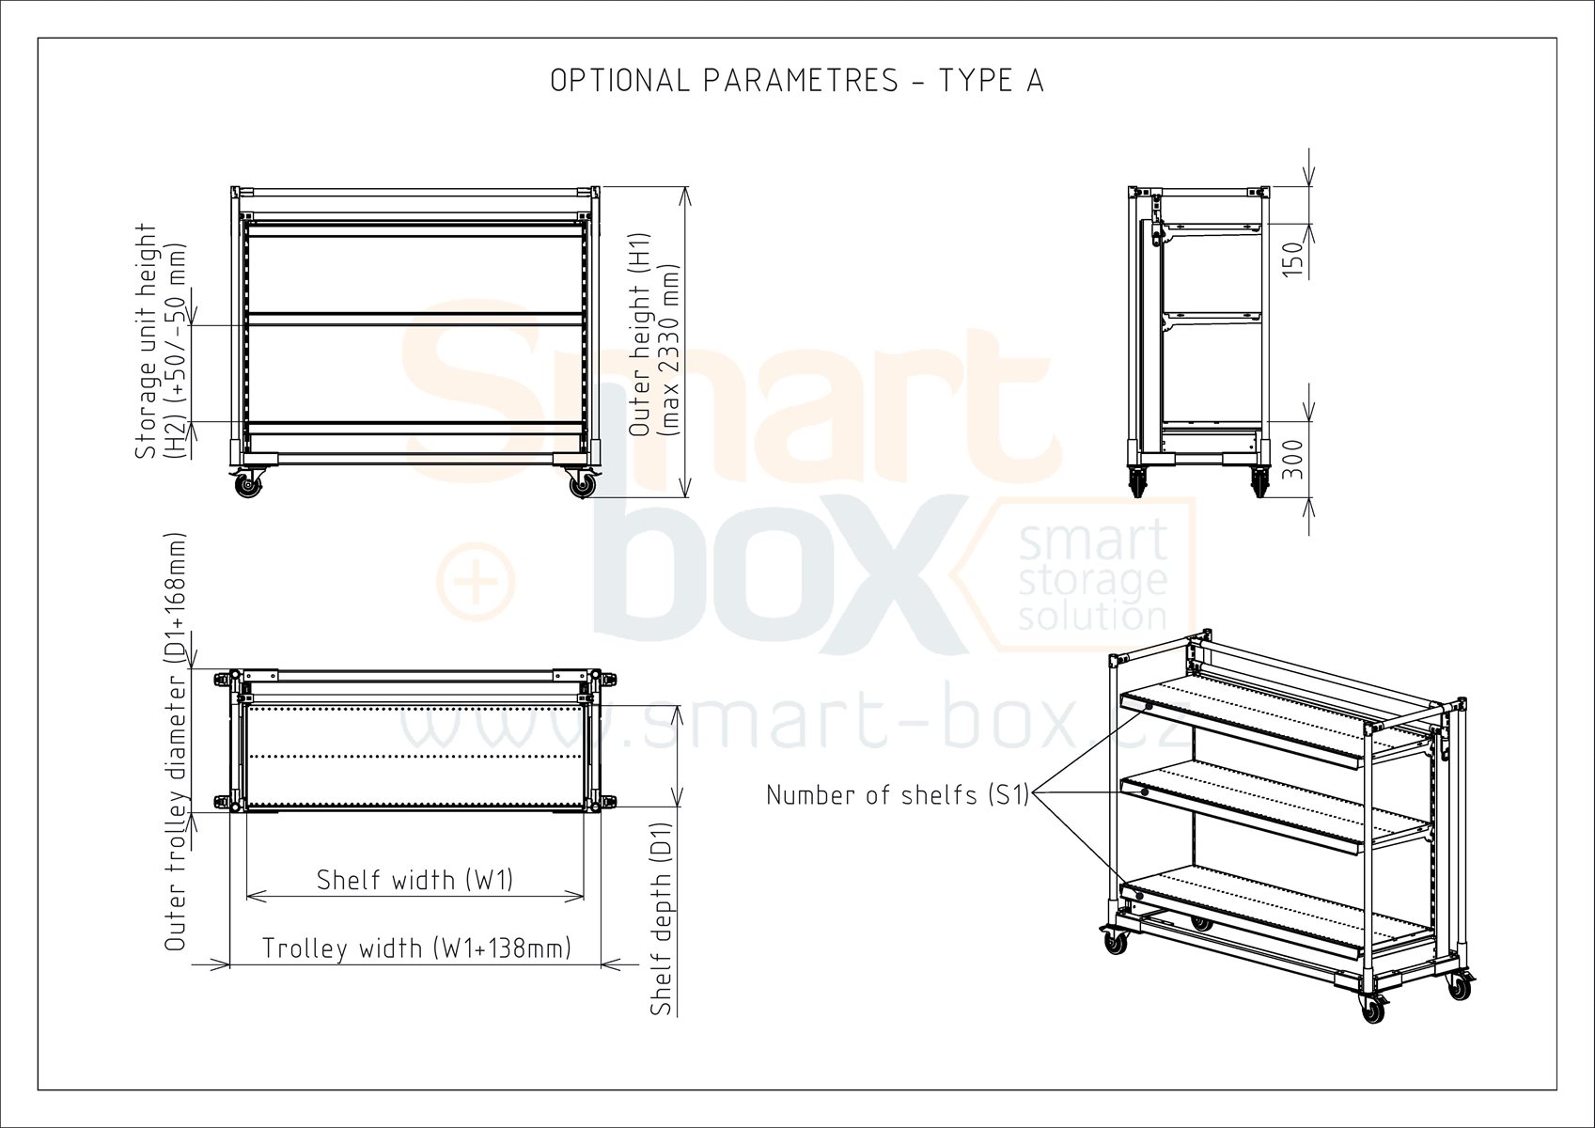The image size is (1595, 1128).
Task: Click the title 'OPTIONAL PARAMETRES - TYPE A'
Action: tap(797, 81)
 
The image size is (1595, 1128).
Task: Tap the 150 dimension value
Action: tap(1292, 259)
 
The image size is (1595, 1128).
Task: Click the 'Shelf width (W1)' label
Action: tap(415, 881)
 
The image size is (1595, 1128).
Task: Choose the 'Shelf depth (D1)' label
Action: tap(662, 918)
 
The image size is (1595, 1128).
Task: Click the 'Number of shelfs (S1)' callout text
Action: tap(898, 795)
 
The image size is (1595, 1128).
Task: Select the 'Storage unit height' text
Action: tap(146, 341)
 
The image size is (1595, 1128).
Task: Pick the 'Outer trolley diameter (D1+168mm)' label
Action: tap(175, 742)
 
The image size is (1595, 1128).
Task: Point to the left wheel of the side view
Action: tap(1137, 481)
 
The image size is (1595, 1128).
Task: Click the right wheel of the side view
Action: tap(1260, 481)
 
